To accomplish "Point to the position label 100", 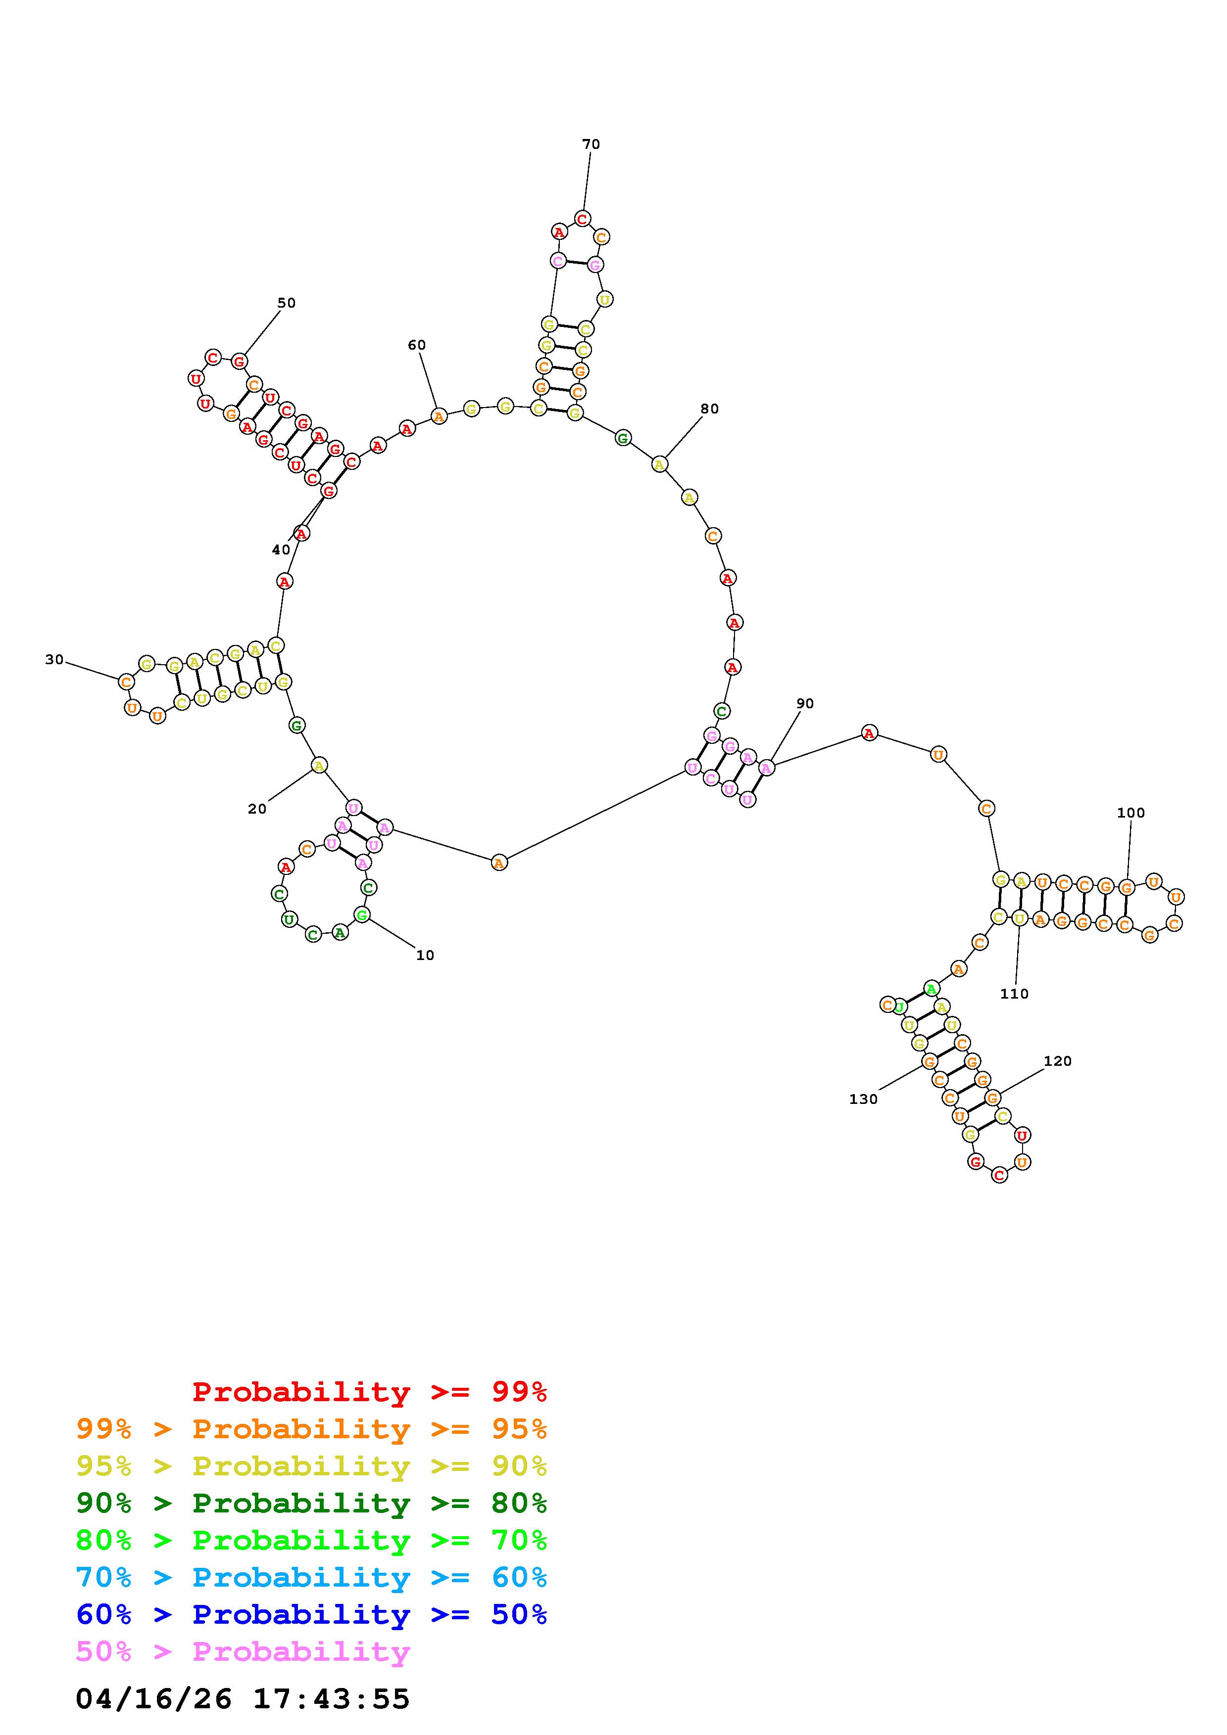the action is (1131, 813).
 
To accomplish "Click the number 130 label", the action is (863, 1099).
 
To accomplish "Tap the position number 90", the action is (805, 703).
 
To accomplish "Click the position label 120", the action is (1058, 1061).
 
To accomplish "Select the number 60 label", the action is (417, 345).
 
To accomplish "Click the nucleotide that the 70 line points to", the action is (582, 219).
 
